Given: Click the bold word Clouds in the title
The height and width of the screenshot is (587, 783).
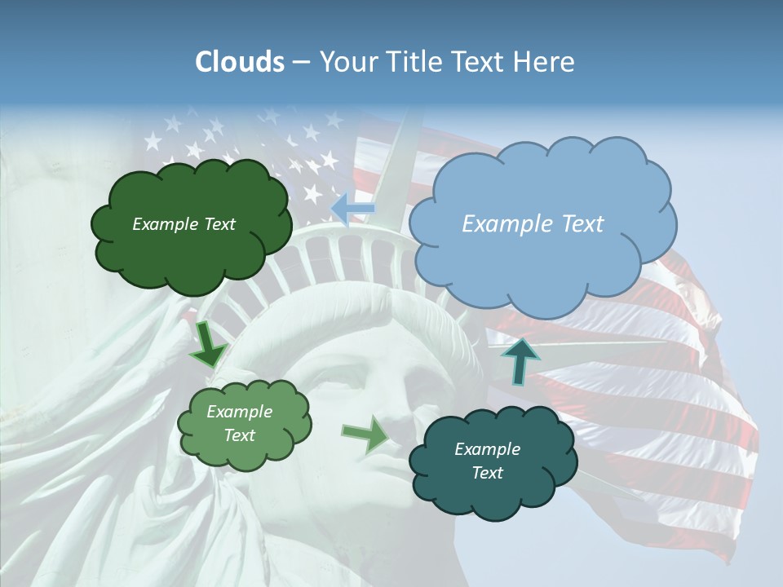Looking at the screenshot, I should pos(239,62).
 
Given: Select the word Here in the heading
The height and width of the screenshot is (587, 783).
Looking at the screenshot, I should pos(546,62).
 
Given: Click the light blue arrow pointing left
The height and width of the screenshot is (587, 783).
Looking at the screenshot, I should pos(352,209).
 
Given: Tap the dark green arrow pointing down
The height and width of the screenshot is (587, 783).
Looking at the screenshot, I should pos(209,345).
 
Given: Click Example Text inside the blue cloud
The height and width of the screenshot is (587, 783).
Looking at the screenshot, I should pos(533,224).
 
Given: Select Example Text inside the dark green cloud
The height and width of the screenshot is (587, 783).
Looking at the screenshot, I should pos(184,224).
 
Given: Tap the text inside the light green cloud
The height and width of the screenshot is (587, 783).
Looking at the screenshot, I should pos(239,423).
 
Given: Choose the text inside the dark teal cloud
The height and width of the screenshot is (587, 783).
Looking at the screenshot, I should pos(487,461).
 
